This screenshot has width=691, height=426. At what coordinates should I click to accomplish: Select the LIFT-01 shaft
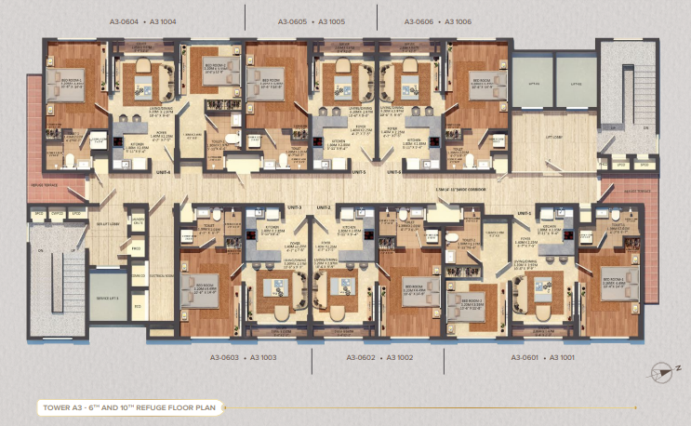532,82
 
